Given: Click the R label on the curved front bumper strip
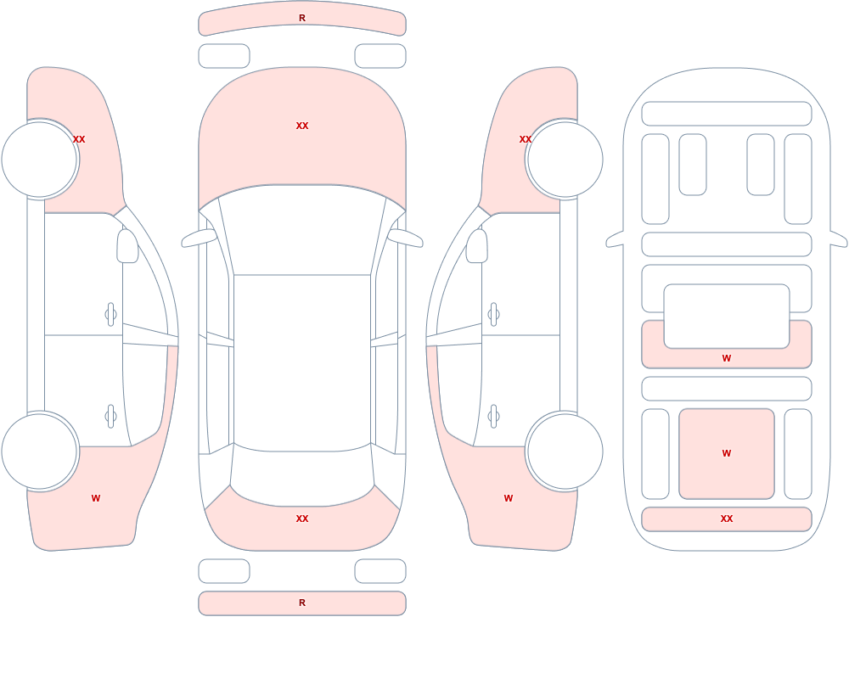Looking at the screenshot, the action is (302, 18).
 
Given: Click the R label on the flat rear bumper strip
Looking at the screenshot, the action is (302, 603).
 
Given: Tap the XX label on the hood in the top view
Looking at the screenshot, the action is (302, 126).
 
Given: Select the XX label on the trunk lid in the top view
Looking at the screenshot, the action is (302, 519).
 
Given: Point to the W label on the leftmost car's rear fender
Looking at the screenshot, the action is (96, 498).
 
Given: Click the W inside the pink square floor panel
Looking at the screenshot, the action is (727, 453).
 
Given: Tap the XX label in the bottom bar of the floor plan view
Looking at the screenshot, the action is (727, 519).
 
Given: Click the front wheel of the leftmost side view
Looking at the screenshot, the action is (40, 160).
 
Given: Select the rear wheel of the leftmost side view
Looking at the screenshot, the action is (40, 451).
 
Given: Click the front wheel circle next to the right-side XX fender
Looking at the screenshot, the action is (565, 160).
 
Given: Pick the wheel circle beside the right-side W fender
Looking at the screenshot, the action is (565, 451).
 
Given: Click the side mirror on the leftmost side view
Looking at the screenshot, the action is (127, 246).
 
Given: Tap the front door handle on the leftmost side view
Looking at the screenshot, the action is (111, 315).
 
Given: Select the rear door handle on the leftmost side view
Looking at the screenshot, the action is (111, 417).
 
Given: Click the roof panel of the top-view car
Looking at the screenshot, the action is (302, 362).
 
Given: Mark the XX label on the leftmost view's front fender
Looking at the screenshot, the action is (79, 139).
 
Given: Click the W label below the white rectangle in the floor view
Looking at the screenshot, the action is (727, 358).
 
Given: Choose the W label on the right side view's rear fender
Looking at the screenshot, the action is (509, 498).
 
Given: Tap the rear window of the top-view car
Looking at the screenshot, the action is (302, 476).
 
